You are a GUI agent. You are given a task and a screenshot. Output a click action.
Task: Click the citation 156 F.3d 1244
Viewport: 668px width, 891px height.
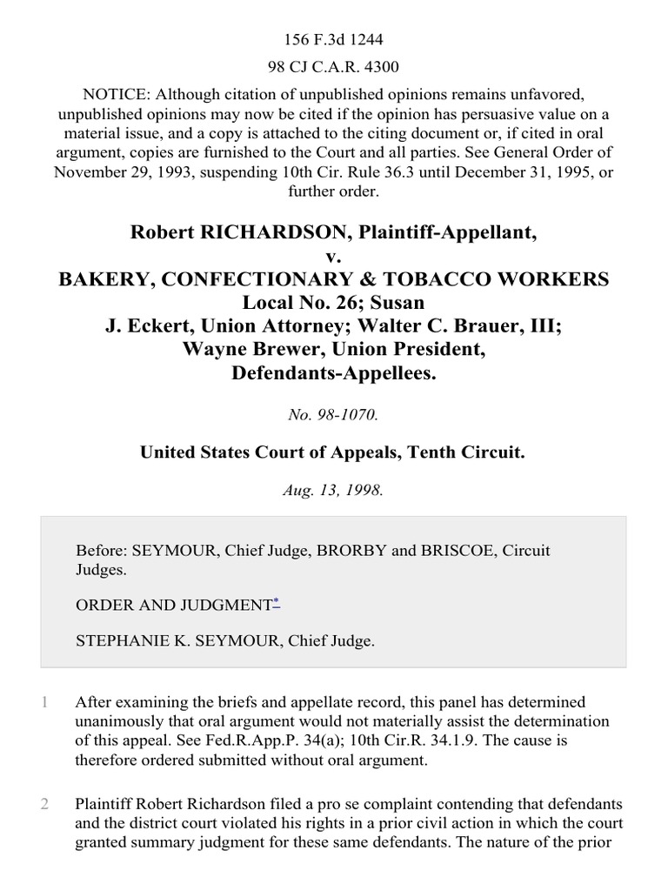334,15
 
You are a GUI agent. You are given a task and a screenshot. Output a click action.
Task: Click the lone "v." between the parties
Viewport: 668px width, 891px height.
334,257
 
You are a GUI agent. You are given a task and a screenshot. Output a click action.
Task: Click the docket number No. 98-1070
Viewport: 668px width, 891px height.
334,416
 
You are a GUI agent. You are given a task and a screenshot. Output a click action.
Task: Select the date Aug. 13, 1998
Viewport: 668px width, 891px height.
334,489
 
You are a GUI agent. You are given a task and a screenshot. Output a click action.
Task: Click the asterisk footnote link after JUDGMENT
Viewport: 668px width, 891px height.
277,601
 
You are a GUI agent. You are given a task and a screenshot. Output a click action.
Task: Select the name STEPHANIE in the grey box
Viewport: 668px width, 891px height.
122,641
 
